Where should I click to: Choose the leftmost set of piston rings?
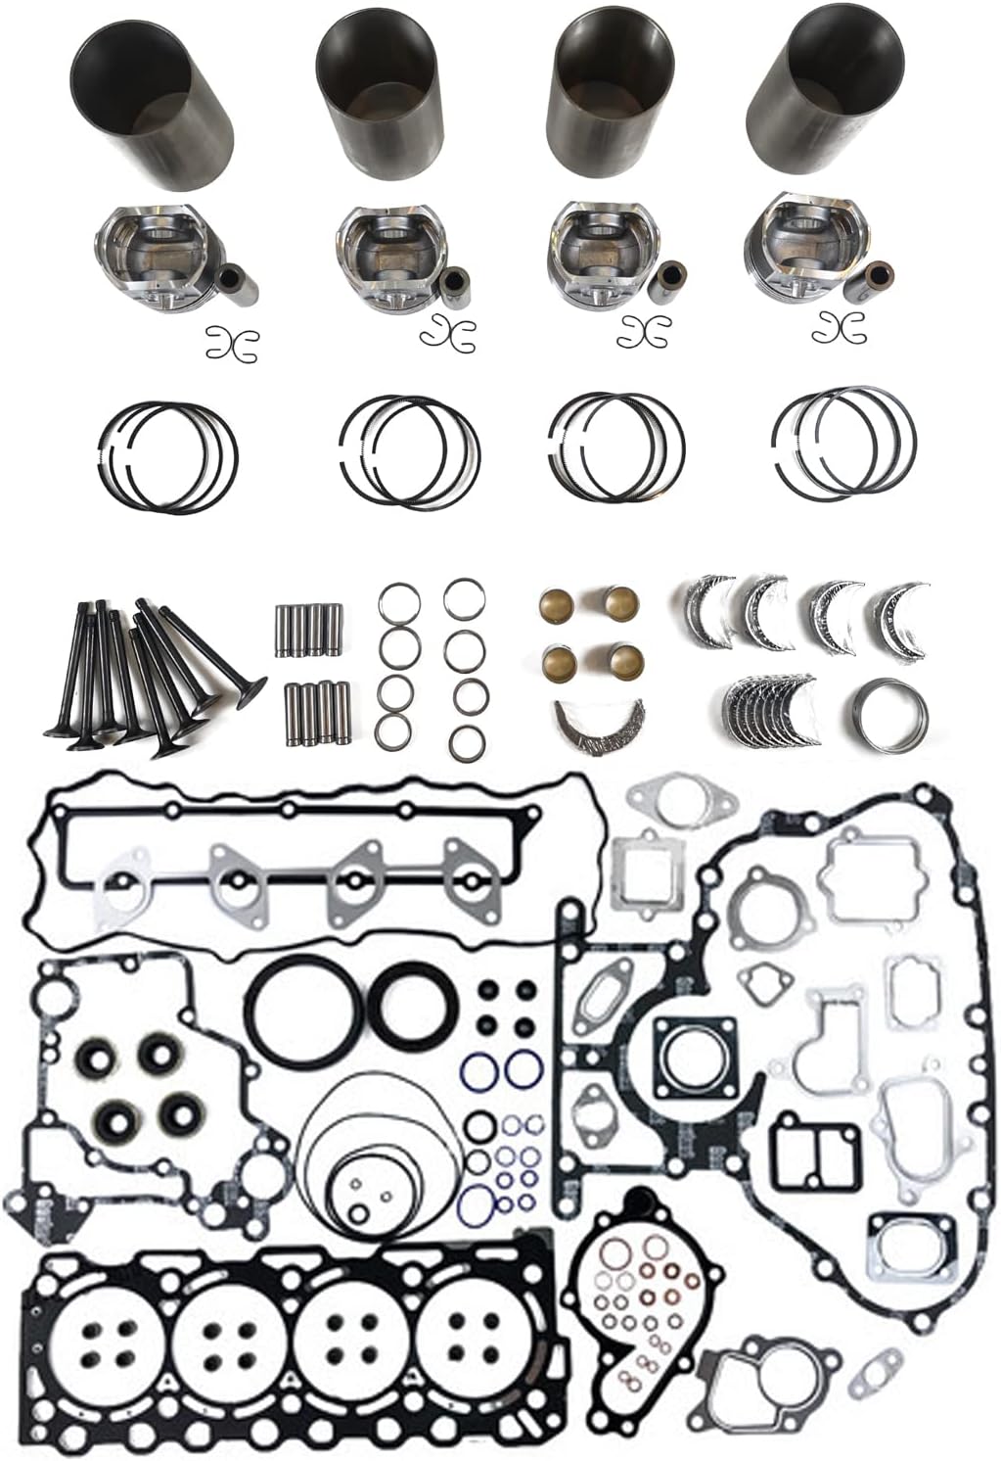click(x=169, y=456)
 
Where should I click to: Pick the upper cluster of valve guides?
click(x=308, y=630)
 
